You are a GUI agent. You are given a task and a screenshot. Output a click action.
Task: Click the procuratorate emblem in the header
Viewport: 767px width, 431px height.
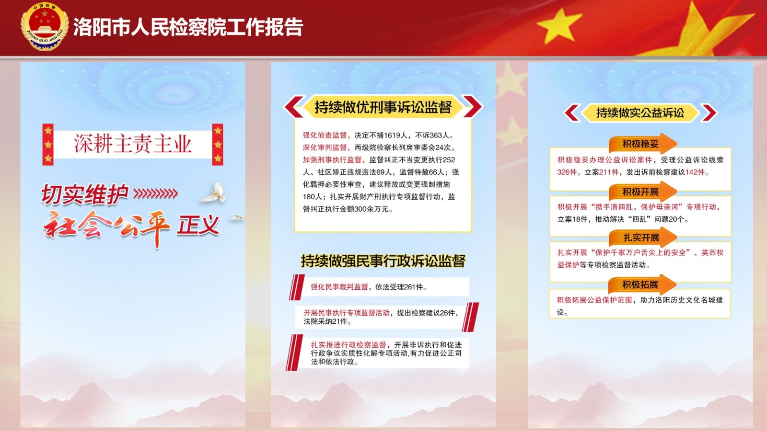[x=44, y=27]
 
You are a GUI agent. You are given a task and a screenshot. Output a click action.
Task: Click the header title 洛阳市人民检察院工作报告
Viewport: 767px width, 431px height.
[x=188, y=27]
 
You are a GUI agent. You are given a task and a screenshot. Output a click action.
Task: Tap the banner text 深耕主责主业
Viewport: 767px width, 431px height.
[x=132, y=144]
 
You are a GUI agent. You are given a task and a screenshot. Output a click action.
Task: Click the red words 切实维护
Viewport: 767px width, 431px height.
[x=84, y=194]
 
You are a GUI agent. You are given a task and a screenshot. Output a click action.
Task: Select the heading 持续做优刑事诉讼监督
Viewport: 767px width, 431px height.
[x=383, y=107]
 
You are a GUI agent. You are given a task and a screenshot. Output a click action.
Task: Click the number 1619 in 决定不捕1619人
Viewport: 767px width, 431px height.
[x=393, y=136]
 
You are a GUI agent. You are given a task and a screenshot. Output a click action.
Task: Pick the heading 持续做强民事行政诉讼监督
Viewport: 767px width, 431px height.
[x=383, y=261]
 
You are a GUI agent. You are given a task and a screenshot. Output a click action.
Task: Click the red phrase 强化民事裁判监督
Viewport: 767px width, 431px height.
[x=339, y=287]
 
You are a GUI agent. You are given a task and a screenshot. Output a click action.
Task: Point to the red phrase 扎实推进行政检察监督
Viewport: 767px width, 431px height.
[x=348, y=344]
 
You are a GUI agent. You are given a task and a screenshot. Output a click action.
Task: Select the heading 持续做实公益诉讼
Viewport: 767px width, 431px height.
[x=640, y=113]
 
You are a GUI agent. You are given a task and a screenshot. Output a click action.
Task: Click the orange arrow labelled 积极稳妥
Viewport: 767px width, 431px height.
[x=642, y=144]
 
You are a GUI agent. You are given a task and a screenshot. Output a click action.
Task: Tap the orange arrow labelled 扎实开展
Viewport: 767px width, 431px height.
[x=642, y=237]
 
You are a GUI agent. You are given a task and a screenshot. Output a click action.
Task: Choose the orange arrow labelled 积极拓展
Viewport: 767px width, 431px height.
[x=642, y=284]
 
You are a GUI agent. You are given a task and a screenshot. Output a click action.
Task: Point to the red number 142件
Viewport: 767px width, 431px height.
[x=695, y=172]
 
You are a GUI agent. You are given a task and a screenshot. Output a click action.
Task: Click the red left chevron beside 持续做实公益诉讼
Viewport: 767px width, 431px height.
[x=572, y=113]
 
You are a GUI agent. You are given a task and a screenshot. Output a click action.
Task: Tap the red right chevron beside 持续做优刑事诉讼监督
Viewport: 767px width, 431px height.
[x=473, y=107]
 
